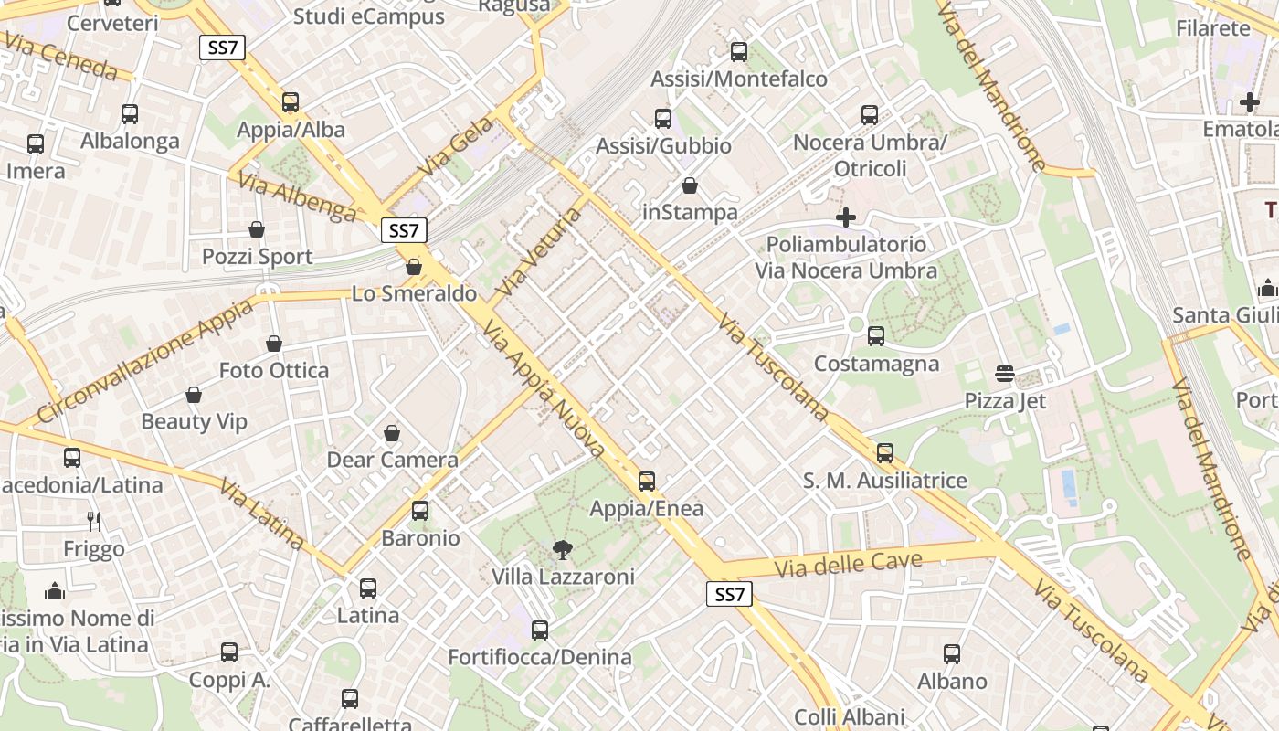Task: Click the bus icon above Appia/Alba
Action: [291, 102]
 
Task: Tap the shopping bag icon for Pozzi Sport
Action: [257, 229]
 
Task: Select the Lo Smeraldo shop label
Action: [415, 293]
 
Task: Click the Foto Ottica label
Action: [274, 370]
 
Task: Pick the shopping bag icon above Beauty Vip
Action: [194, 395]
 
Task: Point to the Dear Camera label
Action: [393, 460]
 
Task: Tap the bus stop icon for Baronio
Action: [420, 511]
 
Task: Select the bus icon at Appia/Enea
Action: [647, 481]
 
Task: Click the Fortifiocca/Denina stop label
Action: [539, 657]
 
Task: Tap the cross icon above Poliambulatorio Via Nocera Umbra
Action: [846, 217]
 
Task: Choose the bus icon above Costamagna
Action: [876, 336]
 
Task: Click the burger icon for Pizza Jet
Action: [1005, 374]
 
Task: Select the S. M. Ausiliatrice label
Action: [884, 481]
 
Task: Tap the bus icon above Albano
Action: [952, 654]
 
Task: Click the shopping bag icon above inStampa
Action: [690, 185]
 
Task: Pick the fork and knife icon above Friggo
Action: [94, 522]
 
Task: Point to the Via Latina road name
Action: [261, 514]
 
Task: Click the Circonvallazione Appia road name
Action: [147, 361]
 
